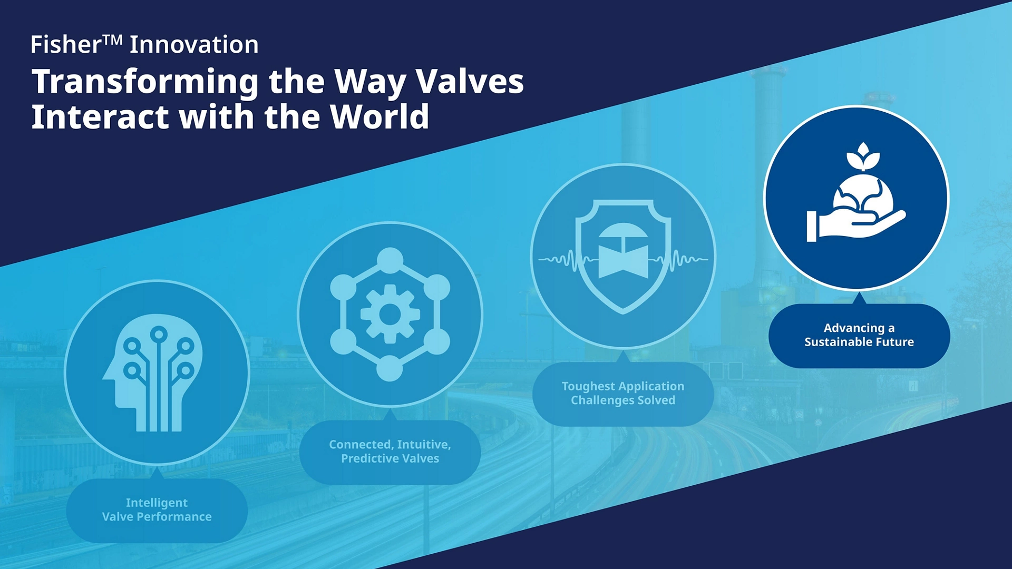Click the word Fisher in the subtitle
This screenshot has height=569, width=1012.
pos(65,44)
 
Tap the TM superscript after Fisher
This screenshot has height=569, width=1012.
pos(113,40)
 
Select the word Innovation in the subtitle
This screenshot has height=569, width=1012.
pos(194,44)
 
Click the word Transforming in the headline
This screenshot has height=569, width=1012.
pos(145,82)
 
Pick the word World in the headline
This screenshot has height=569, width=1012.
pos(379,116)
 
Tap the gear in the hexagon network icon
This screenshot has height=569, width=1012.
pos(390,315)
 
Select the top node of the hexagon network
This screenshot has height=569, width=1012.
pos(390,260)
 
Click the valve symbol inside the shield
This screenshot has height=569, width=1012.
pos(623,252)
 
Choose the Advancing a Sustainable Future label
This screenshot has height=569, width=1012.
pos(859,335)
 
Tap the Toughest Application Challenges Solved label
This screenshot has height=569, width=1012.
pos(623,394)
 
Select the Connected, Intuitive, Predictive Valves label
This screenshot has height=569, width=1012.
pos(390,452)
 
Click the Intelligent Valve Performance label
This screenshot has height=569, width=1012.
pos(157,510)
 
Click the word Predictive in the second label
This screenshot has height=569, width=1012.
pos(366,458)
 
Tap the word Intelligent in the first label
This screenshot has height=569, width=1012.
pos(157,503)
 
